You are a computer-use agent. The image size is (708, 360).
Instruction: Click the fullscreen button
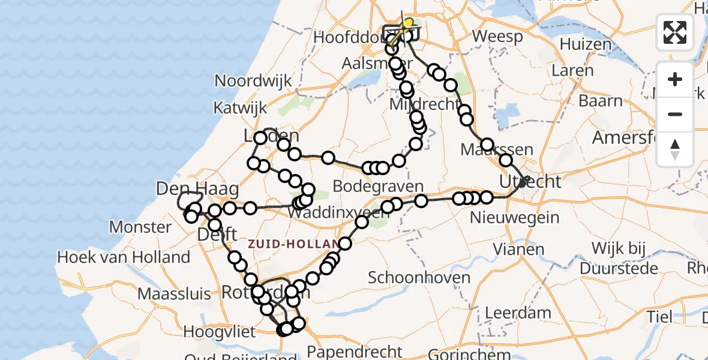(x=675, y=32)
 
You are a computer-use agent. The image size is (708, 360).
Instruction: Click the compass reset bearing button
(x=675, y=149)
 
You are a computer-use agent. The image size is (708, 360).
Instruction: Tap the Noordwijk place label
(x=253, y=81)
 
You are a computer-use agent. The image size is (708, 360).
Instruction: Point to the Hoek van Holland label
(x=123, y=258)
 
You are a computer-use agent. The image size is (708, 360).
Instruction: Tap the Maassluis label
(x=174, y=294)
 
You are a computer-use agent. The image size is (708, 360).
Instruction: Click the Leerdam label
(x=509, y=313)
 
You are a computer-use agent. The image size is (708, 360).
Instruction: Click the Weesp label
(x=497, y=37)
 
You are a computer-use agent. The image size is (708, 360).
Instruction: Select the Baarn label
(x=600, y=101)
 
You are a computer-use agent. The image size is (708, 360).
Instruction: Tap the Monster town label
(x=140, y=227)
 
